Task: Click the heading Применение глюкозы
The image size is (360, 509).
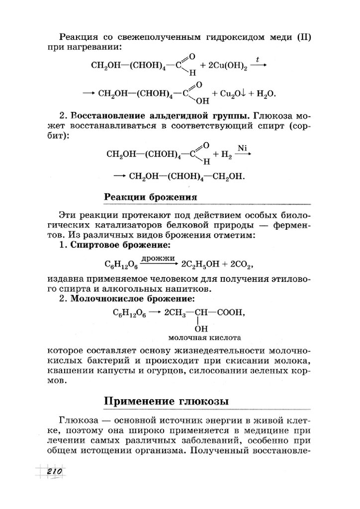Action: [x=167, y=401]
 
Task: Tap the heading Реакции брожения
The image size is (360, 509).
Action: [x=151, y=196]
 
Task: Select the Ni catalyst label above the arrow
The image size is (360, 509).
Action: [x=242, y=148]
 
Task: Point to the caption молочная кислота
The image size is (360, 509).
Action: [x=200, y=337]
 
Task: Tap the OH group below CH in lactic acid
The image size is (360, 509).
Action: [x=201, y=328]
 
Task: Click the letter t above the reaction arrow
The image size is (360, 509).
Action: [x=257, y=59]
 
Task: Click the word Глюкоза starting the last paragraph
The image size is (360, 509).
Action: [x=77, y=421]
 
